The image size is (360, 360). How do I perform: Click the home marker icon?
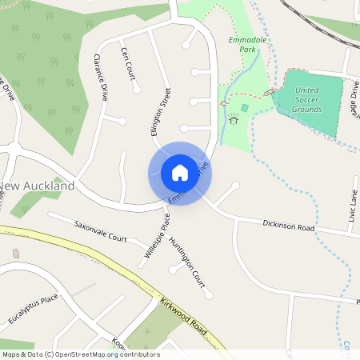179,173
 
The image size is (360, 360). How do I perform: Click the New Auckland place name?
37,186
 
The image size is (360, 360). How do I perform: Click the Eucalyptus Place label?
34,310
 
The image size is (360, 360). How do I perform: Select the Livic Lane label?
353,203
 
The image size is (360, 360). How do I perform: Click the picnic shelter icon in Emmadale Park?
234,119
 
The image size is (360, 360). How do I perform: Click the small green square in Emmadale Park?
244,107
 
